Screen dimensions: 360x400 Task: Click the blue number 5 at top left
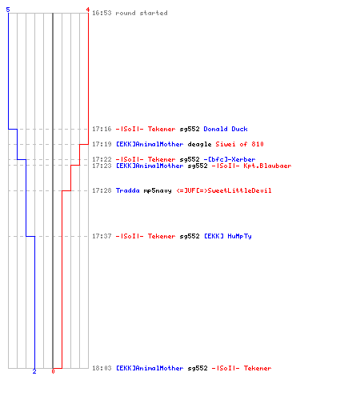8,10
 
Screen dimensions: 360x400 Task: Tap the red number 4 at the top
88,10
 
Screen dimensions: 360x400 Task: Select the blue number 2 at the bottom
34,371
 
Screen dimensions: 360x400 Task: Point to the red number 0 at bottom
53,371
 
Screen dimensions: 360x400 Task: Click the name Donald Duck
226,129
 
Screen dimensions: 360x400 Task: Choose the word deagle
199,144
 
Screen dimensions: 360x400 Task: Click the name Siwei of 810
239,144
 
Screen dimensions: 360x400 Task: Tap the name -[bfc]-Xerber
230,159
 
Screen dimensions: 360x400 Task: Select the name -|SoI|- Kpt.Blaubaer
251,166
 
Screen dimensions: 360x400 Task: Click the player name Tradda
127,190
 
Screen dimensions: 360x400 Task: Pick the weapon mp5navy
158,190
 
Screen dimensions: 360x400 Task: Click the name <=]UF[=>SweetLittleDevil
224,190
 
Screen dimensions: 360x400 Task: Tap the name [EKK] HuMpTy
228,236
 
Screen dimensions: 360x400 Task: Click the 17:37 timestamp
102,236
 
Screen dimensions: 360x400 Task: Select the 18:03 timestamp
102,368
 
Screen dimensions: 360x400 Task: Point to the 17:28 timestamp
102,190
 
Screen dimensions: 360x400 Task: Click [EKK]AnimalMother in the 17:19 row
150,144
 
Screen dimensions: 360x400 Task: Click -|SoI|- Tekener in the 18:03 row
242,368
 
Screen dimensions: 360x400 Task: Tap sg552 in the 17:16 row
190,129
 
